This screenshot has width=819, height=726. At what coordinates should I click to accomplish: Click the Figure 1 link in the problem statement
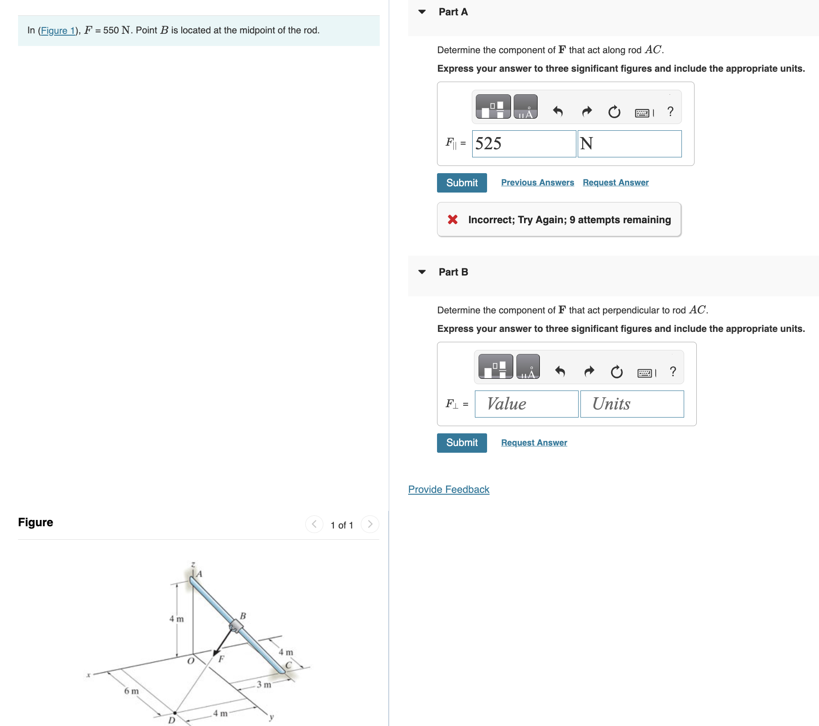pos(57,31)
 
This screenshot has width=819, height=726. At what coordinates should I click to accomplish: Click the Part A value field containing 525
pos(524,144)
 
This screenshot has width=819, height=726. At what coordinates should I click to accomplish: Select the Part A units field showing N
pos(629,144)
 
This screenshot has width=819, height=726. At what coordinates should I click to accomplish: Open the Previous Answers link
pos(537,183)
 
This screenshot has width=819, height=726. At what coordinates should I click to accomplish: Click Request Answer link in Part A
pos(615,183)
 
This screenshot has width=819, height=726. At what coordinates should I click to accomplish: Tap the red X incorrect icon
pos(452,220)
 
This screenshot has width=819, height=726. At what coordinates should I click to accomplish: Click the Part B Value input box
pos(526,404)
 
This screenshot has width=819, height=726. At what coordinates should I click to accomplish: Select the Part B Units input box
pos(631,404)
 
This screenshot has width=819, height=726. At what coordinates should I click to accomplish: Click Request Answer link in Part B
pos(534,443)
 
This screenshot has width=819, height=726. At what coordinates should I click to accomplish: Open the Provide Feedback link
pos(448,490)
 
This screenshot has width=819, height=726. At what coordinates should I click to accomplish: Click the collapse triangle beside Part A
pos(422,12)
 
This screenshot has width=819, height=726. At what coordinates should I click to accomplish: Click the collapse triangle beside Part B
pos(422,272)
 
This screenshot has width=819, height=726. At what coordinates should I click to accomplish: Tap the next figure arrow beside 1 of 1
pos(370,524)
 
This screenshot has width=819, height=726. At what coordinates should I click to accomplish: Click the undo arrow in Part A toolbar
pos(558,111)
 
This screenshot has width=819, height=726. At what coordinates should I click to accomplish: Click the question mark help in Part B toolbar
pos(673,372)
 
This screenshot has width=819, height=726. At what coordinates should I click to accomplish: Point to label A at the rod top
pos(199,574)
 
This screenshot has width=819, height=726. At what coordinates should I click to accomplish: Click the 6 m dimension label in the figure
pos(131,691)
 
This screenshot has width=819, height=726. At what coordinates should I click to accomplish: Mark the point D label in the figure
pos(171,720)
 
